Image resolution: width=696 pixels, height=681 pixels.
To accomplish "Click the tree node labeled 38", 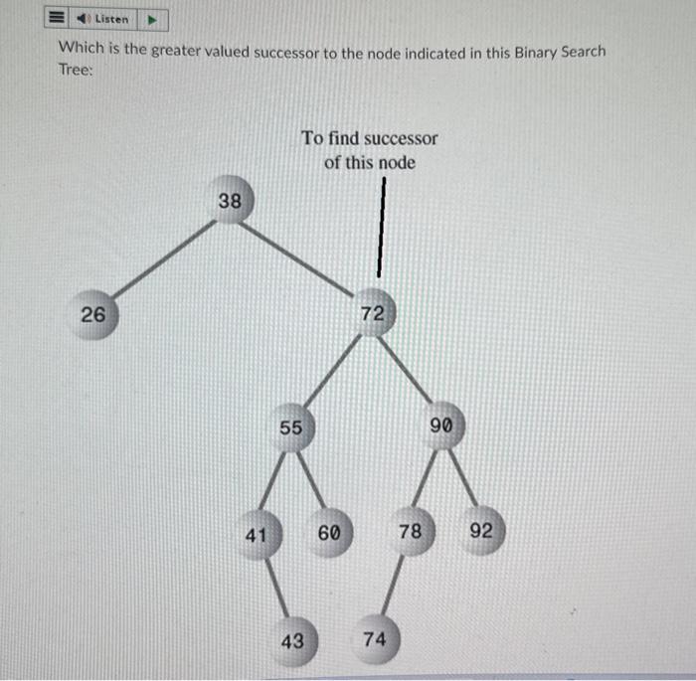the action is (x=231, y=202).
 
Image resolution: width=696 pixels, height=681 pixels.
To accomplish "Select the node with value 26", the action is (x=93, y=316).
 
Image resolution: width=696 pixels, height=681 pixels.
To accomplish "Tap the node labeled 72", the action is (x=372, y=314).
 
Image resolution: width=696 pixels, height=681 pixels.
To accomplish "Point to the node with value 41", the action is (x=258, y=536).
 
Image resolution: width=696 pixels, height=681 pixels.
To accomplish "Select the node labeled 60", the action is (x=330, y=533).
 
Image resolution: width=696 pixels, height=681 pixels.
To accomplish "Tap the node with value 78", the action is (x=410, y=533).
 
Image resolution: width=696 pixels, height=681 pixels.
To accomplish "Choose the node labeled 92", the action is (x=481, y=532).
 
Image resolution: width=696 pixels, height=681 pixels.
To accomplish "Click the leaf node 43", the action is (x=292, y=641).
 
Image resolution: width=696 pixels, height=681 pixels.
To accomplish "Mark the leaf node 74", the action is (x=374, y=640).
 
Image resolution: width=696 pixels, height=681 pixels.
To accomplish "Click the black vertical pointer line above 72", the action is (x=378, y=234).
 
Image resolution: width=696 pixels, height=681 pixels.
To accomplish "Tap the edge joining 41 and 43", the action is (x=275, y=590).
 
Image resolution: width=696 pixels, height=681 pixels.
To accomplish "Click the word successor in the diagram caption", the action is (x=401, y=138).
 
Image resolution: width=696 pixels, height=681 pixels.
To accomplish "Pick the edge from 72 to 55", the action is (x=331, y=372).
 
